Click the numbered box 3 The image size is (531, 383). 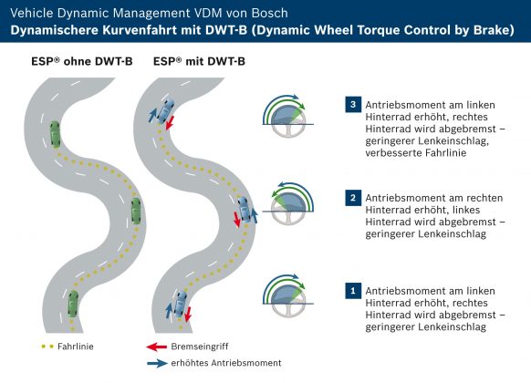353,104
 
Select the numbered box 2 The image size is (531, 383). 353,198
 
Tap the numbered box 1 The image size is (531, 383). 353,291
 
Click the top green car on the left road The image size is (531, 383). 56,134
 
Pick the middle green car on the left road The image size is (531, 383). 136,211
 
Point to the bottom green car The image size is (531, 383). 72,304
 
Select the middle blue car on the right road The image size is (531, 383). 245,210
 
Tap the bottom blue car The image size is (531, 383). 180,303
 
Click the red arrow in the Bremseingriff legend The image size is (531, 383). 156,347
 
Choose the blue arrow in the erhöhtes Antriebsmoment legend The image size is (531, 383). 157,363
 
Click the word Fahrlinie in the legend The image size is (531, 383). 76,347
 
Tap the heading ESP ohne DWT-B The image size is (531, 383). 82,61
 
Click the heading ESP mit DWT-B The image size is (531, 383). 199,61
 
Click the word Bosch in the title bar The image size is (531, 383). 269,13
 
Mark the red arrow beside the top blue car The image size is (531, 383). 171,122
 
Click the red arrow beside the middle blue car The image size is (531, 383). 237,219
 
